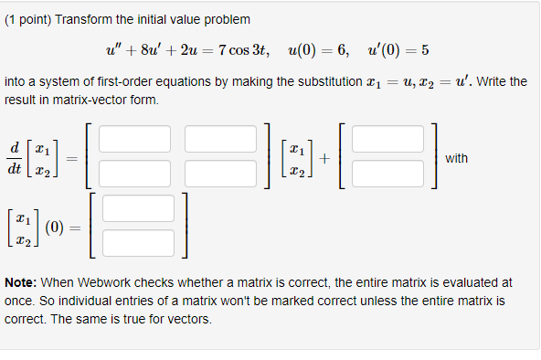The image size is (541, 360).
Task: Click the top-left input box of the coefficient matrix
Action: click(x=135, y=139)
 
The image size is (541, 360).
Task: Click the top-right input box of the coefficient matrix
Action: click(x=221, y=139)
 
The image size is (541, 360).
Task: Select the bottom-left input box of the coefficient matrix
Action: click(x=135, y=173)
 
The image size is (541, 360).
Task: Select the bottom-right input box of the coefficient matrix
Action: click(x=221, y=173)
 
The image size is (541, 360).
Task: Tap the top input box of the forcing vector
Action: click(x=387, y=139)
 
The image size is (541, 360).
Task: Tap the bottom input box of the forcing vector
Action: click(x=387, y=173)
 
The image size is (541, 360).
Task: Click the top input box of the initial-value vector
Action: click(x=138, y=208)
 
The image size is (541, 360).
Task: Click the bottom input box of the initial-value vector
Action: click(x=138, y=242)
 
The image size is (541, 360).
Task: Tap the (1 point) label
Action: click(x=27, y=19)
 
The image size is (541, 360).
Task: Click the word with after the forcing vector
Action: click(x=456, y=158)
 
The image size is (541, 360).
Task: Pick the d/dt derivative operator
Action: click(x=16, y=156)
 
